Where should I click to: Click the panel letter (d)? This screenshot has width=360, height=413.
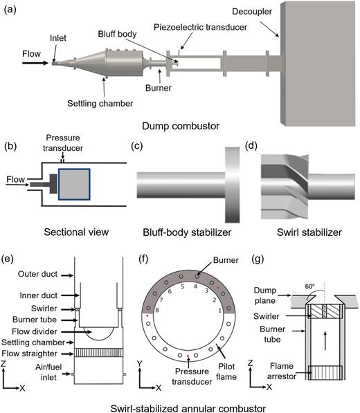pos(253,147)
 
